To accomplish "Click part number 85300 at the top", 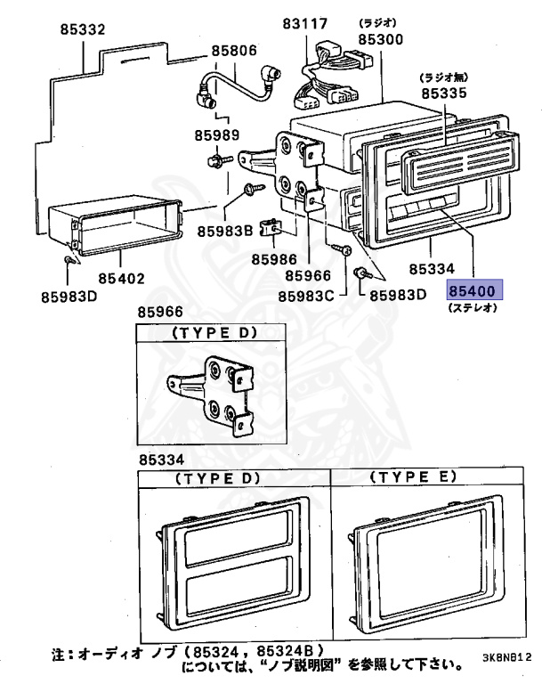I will click(x=382, y=40).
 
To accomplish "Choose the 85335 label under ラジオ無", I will click(x=444, y=92).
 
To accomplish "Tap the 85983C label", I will click(x=305, y=295).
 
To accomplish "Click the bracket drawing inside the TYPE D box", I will click(x=211, y=392).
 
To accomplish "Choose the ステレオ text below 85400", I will click(x=473, y=308).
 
